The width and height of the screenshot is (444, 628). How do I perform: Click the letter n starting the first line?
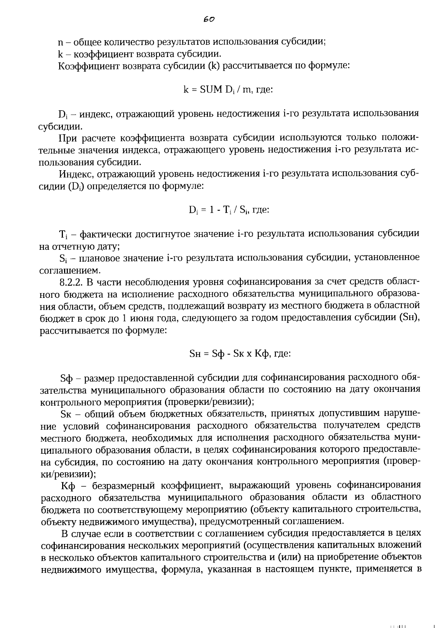tap(61, 42)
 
